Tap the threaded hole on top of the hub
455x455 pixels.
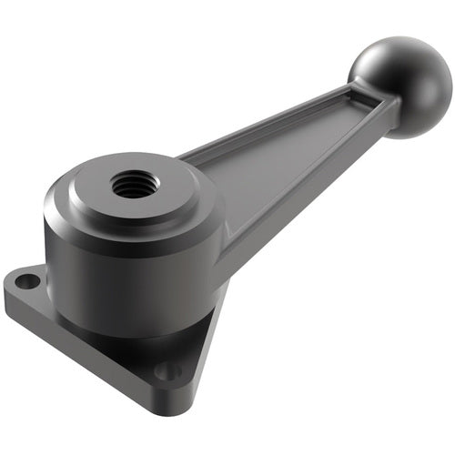[x=135, y=185]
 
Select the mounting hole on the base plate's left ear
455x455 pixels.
[x=27, y=281]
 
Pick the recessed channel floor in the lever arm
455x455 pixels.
[x=273, y=155]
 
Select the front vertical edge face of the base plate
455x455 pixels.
[x=91, y=355]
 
